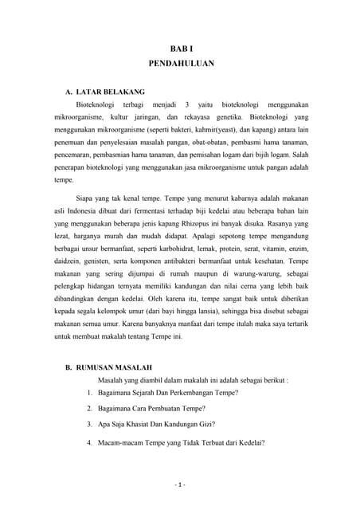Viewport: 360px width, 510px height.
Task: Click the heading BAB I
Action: coord(181,48)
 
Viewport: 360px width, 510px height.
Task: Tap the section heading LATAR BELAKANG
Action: coord(110,93)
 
